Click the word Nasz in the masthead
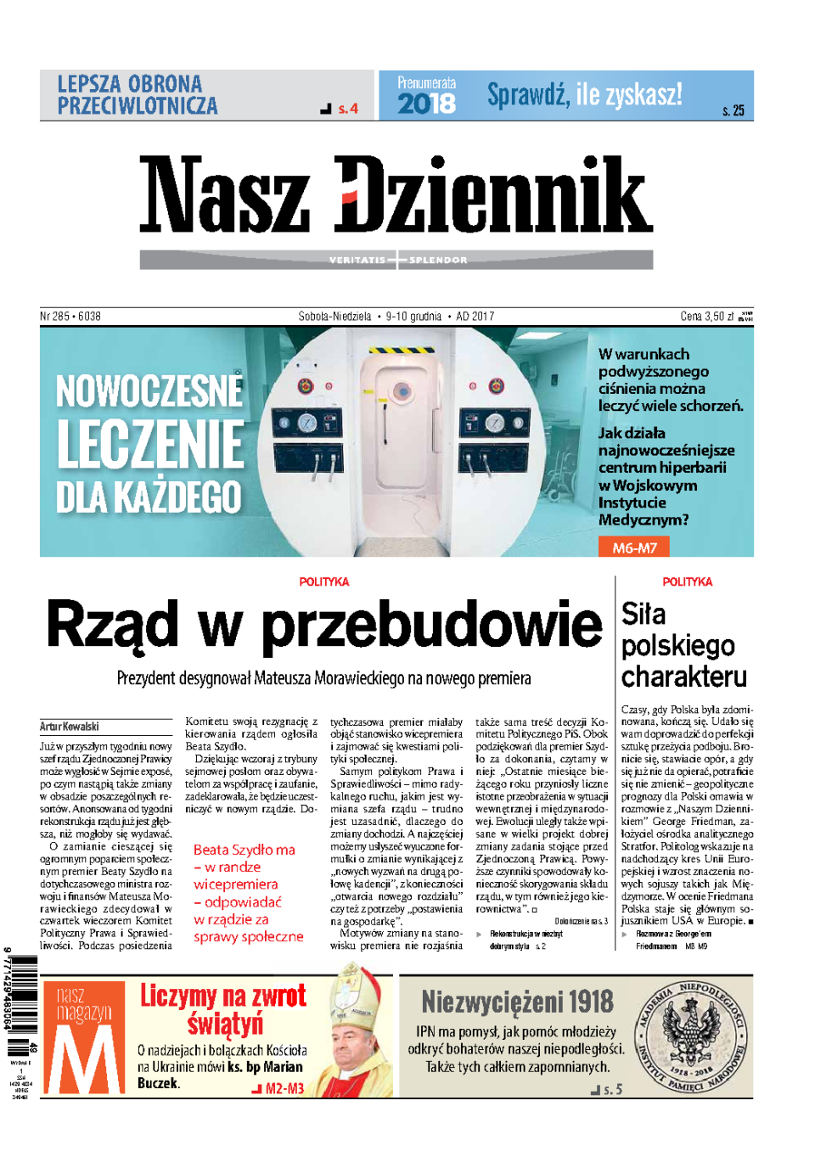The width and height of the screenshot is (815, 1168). (x=225, y=194)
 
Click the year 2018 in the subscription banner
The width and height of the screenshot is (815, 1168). (x=426, y=104)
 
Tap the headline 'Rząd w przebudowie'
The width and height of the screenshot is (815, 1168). (x=324, y=625)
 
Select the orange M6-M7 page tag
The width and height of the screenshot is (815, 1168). (x=634, y=547)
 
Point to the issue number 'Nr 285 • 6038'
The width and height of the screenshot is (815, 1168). (x=70, y=317)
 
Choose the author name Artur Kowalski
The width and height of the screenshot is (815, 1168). (x=70, y=727)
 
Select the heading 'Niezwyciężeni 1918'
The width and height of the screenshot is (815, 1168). (x=517, y=1002)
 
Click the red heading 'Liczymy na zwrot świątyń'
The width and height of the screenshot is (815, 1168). (x=223, y=1009)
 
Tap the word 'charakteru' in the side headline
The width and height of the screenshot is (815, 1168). (x=684, y=677)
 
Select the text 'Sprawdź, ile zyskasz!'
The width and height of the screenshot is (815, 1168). (x=584, y=95)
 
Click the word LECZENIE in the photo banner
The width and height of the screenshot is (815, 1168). (x=151, y=444)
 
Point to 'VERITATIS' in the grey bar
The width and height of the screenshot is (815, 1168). (x=357, y=260)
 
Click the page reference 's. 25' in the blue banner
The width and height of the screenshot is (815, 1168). (x=733, y=110)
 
